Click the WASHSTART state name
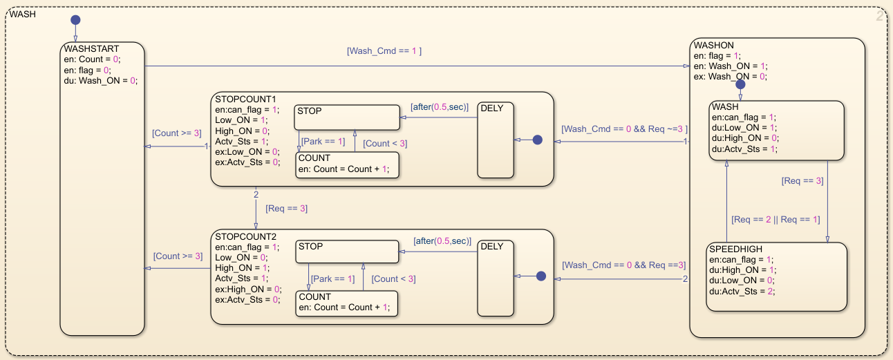[91, 49]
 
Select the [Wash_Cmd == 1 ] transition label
[384, 50]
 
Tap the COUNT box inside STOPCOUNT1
[347, 165]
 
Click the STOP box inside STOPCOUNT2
[347, 252]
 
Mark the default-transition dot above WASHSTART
[75, 19]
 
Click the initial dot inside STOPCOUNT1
[538, 140]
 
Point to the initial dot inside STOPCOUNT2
[541, 276]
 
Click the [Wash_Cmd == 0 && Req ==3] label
[623, 265]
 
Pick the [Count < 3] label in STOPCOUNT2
[393, 279]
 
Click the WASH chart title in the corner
[23, 14]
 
